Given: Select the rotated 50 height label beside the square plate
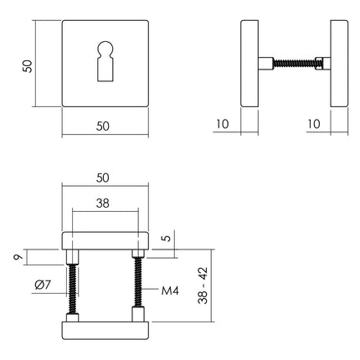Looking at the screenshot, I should (27, 64).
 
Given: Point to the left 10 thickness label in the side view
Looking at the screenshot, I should (221, 125).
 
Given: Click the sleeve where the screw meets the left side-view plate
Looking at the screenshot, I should (265, 64).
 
